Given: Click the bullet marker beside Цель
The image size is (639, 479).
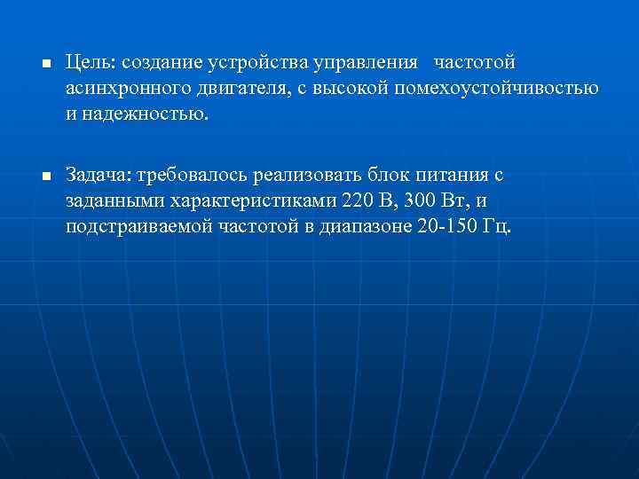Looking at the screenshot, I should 45,66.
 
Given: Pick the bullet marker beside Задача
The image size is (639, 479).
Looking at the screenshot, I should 45,176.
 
